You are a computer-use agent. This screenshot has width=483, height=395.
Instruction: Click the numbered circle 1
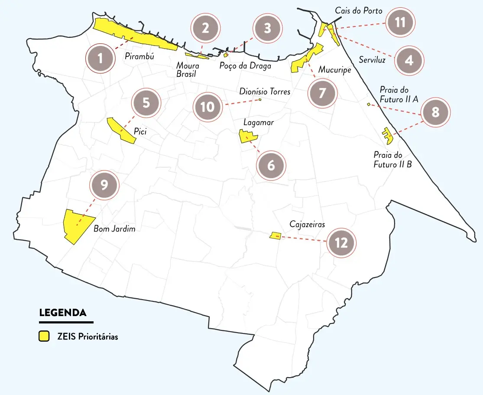pos(100,58)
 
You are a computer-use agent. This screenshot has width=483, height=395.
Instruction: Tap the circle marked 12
pos(341,243)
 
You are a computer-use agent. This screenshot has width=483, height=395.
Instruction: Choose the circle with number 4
pos(409,60)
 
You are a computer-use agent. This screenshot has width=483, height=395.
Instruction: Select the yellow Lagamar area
pos(247,137)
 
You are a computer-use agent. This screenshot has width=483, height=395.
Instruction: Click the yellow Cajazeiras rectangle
pos(275,235)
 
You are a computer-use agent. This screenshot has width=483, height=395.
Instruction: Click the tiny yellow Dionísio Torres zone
pos(260,100)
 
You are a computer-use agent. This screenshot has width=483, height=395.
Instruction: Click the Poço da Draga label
pos(245,66)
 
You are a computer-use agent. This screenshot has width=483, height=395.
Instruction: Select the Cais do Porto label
pos(359,11)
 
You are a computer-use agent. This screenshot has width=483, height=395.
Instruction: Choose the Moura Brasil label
pos(188,70)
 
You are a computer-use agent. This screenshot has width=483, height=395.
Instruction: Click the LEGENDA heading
pos(62,313)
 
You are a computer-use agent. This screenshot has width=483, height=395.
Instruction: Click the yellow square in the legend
pos(44,336)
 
